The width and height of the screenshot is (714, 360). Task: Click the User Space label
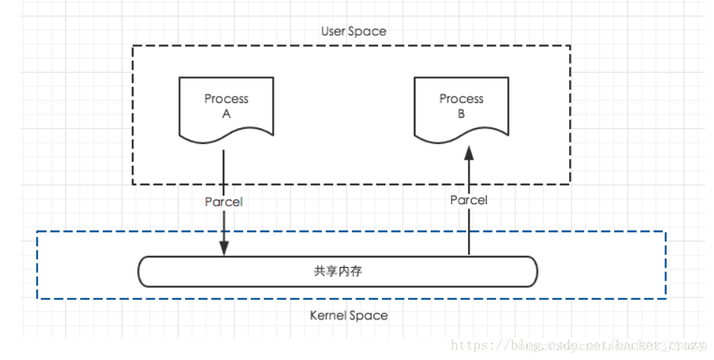(x=354, y=31)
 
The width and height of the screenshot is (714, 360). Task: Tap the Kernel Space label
(x=349, y=315)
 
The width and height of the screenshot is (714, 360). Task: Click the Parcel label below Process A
(x=223, y=202)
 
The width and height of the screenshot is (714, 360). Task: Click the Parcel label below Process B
(x=469, y=200)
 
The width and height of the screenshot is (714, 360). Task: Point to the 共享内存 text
(x=337, y=271)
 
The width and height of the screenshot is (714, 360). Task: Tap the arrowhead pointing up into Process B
(x=469, y=154)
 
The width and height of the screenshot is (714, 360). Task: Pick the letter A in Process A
(x=226, y=114)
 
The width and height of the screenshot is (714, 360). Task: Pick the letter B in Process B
(x=461, y=114)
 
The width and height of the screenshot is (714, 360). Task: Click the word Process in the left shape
(x=226, y=99)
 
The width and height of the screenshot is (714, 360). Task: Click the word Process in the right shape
(x=461, y=99)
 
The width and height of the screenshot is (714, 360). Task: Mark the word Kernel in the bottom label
(x=328, y=315)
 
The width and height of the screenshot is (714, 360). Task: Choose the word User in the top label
(x=333, y=31)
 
